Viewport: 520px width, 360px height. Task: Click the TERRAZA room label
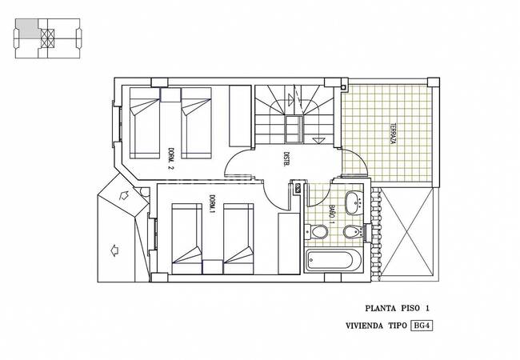click(394, 134)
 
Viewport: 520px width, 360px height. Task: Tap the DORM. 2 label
click(171, 158)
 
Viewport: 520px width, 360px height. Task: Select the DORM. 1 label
click(212, 203)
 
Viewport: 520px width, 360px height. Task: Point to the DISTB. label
click(286, 159)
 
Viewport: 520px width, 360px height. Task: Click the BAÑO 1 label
click(331, 215)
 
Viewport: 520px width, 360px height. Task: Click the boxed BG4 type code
click(422, 326)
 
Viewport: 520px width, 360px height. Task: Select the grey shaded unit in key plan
click(27, 28)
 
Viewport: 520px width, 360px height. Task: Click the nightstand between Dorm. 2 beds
click(170, 94)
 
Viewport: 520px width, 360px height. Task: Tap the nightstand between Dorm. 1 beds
click(212, 267)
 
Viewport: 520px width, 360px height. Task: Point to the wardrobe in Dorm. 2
click(240, 116)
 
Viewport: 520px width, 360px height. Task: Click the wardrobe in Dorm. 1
click(289, 243)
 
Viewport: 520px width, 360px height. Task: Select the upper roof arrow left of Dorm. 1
click(124, 195)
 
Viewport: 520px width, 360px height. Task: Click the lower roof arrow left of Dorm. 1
click(114, 250)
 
